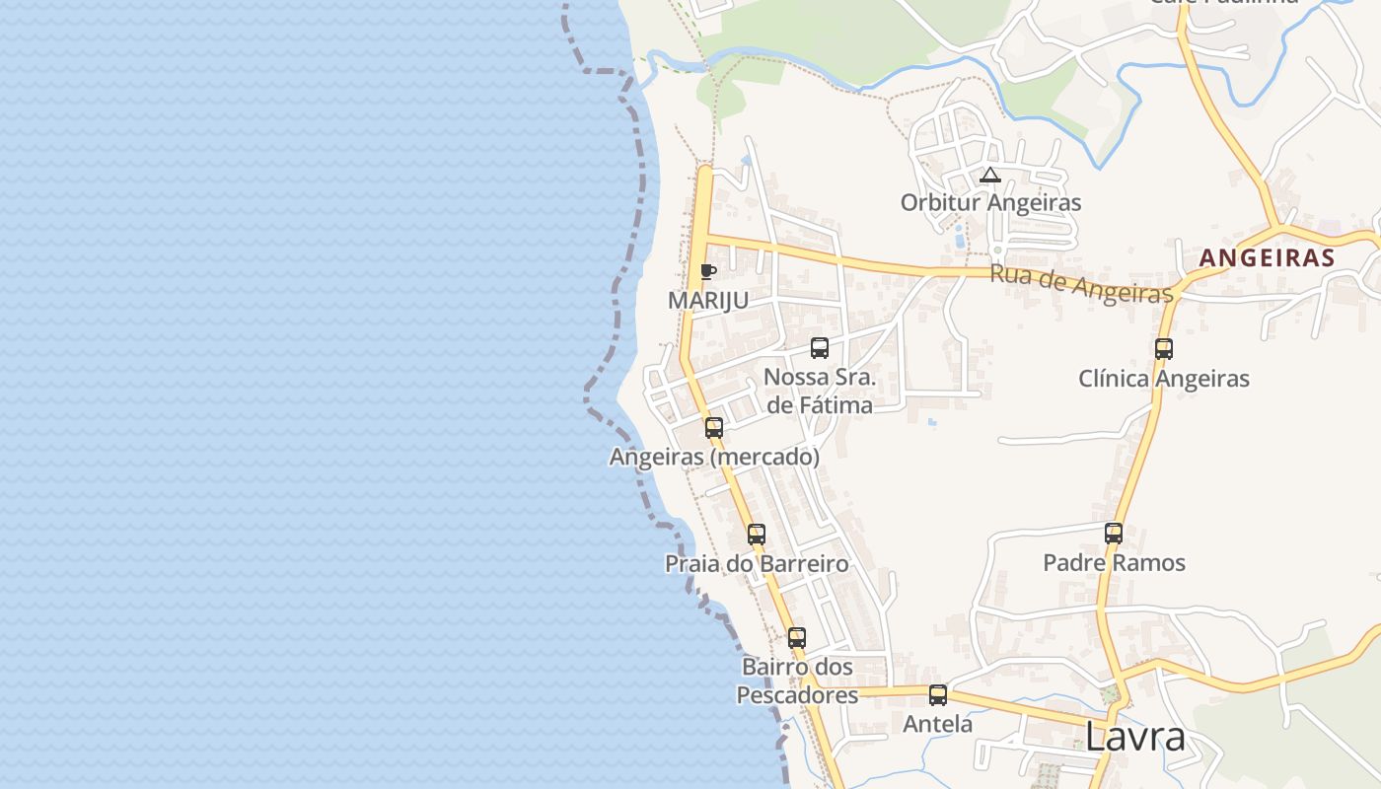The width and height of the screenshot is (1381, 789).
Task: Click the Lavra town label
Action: tap(1134, 737)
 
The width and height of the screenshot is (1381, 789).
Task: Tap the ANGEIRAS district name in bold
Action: tap(1267, 258)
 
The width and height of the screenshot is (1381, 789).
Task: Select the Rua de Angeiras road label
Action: tap(1081, 283)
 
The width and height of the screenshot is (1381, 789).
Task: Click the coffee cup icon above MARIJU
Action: tap(707, 271)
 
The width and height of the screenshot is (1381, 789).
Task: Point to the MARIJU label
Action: tap(708, 301)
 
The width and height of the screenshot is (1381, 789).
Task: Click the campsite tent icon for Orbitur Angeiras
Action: tap(990, 176)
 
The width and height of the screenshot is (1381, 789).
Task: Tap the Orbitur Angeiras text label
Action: tap(990, 203)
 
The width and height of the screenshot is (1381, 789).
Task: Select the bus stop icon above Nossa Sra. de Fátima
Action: tap(820, 348)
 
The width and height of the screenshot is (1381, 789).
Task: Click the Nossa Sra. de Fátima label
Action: tap(820, 392)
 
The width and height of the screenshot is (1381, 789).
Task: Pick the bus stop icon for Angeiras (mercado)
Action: tap(714, 428)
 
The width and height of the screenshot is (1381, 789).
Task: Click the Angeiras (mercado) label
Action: tap(714, 458)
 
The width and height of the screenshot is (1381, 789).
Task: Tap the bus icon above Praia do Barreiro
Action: tap(757, 535)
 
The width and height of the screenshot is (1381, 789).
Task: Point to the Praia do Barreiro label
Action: tap(757, 564)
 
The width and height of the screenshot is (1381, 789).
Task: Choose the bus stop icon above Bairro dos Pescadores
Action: tap(797, 638)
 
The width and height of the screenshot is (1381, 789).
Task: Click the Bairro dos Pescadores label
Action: tap(798, 681)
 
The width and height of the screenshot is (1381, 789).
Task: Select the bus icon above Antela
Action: tap(938, 695)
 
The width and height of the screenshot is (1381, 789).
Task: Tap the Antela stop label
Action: tap(938, 725)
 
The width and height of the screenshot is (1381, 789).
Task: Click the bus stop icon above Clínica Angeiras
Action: tap(1164, 349)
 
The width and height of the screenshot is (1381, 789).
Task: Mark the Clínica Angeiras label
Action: tap(1164, 379)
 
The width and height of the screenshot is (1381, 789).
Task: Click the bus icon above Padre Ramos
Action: tap(1114, 534)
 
